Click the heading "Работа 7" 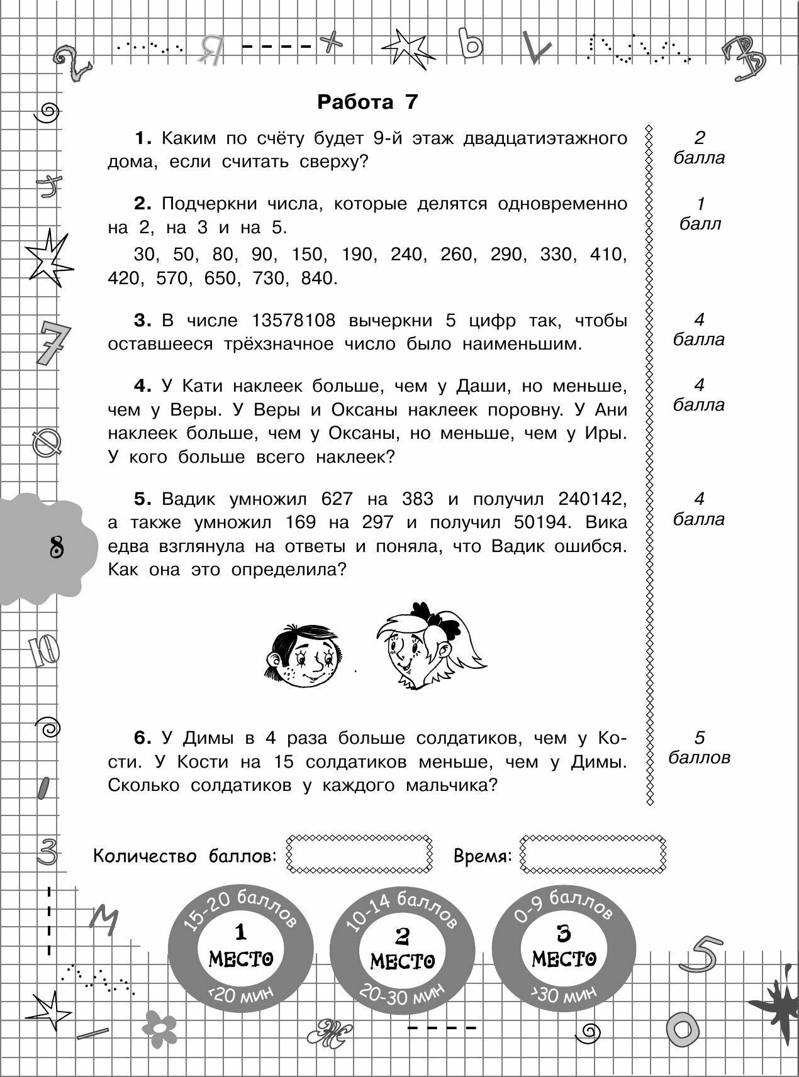pyautogui.click(x=367, y=102)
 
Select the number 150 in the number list pyautogui.click(x=306, y=255)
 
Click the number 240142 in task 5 pyautogui.click(x=592, y=499)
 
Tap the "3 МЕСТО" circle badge pyautogui.click(x=564, y=948)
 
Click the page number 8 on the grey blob pyautogui.click(x=57, y=546)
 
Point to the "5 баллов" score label pyautogui.click(x=699, y=748)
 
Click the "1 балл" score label pyautogui.click(x=700, y=214)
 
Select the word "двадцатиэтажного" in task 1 pyautogui.click(x=545, y=138)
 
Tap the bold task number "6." pyautogui.click(x=144, y=738)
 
